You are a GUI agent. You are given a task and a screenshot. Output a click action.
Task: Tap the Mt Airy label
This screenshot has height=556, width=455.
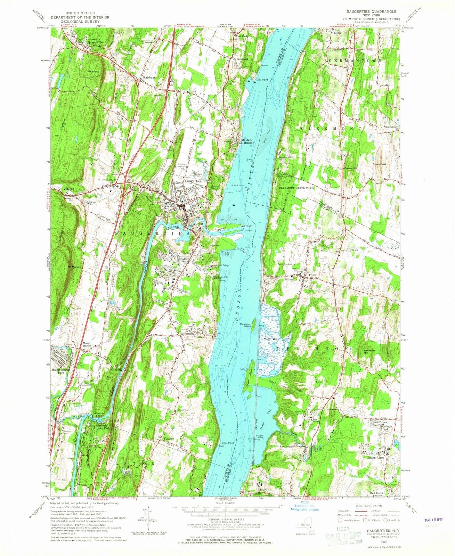coord(92,72)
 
